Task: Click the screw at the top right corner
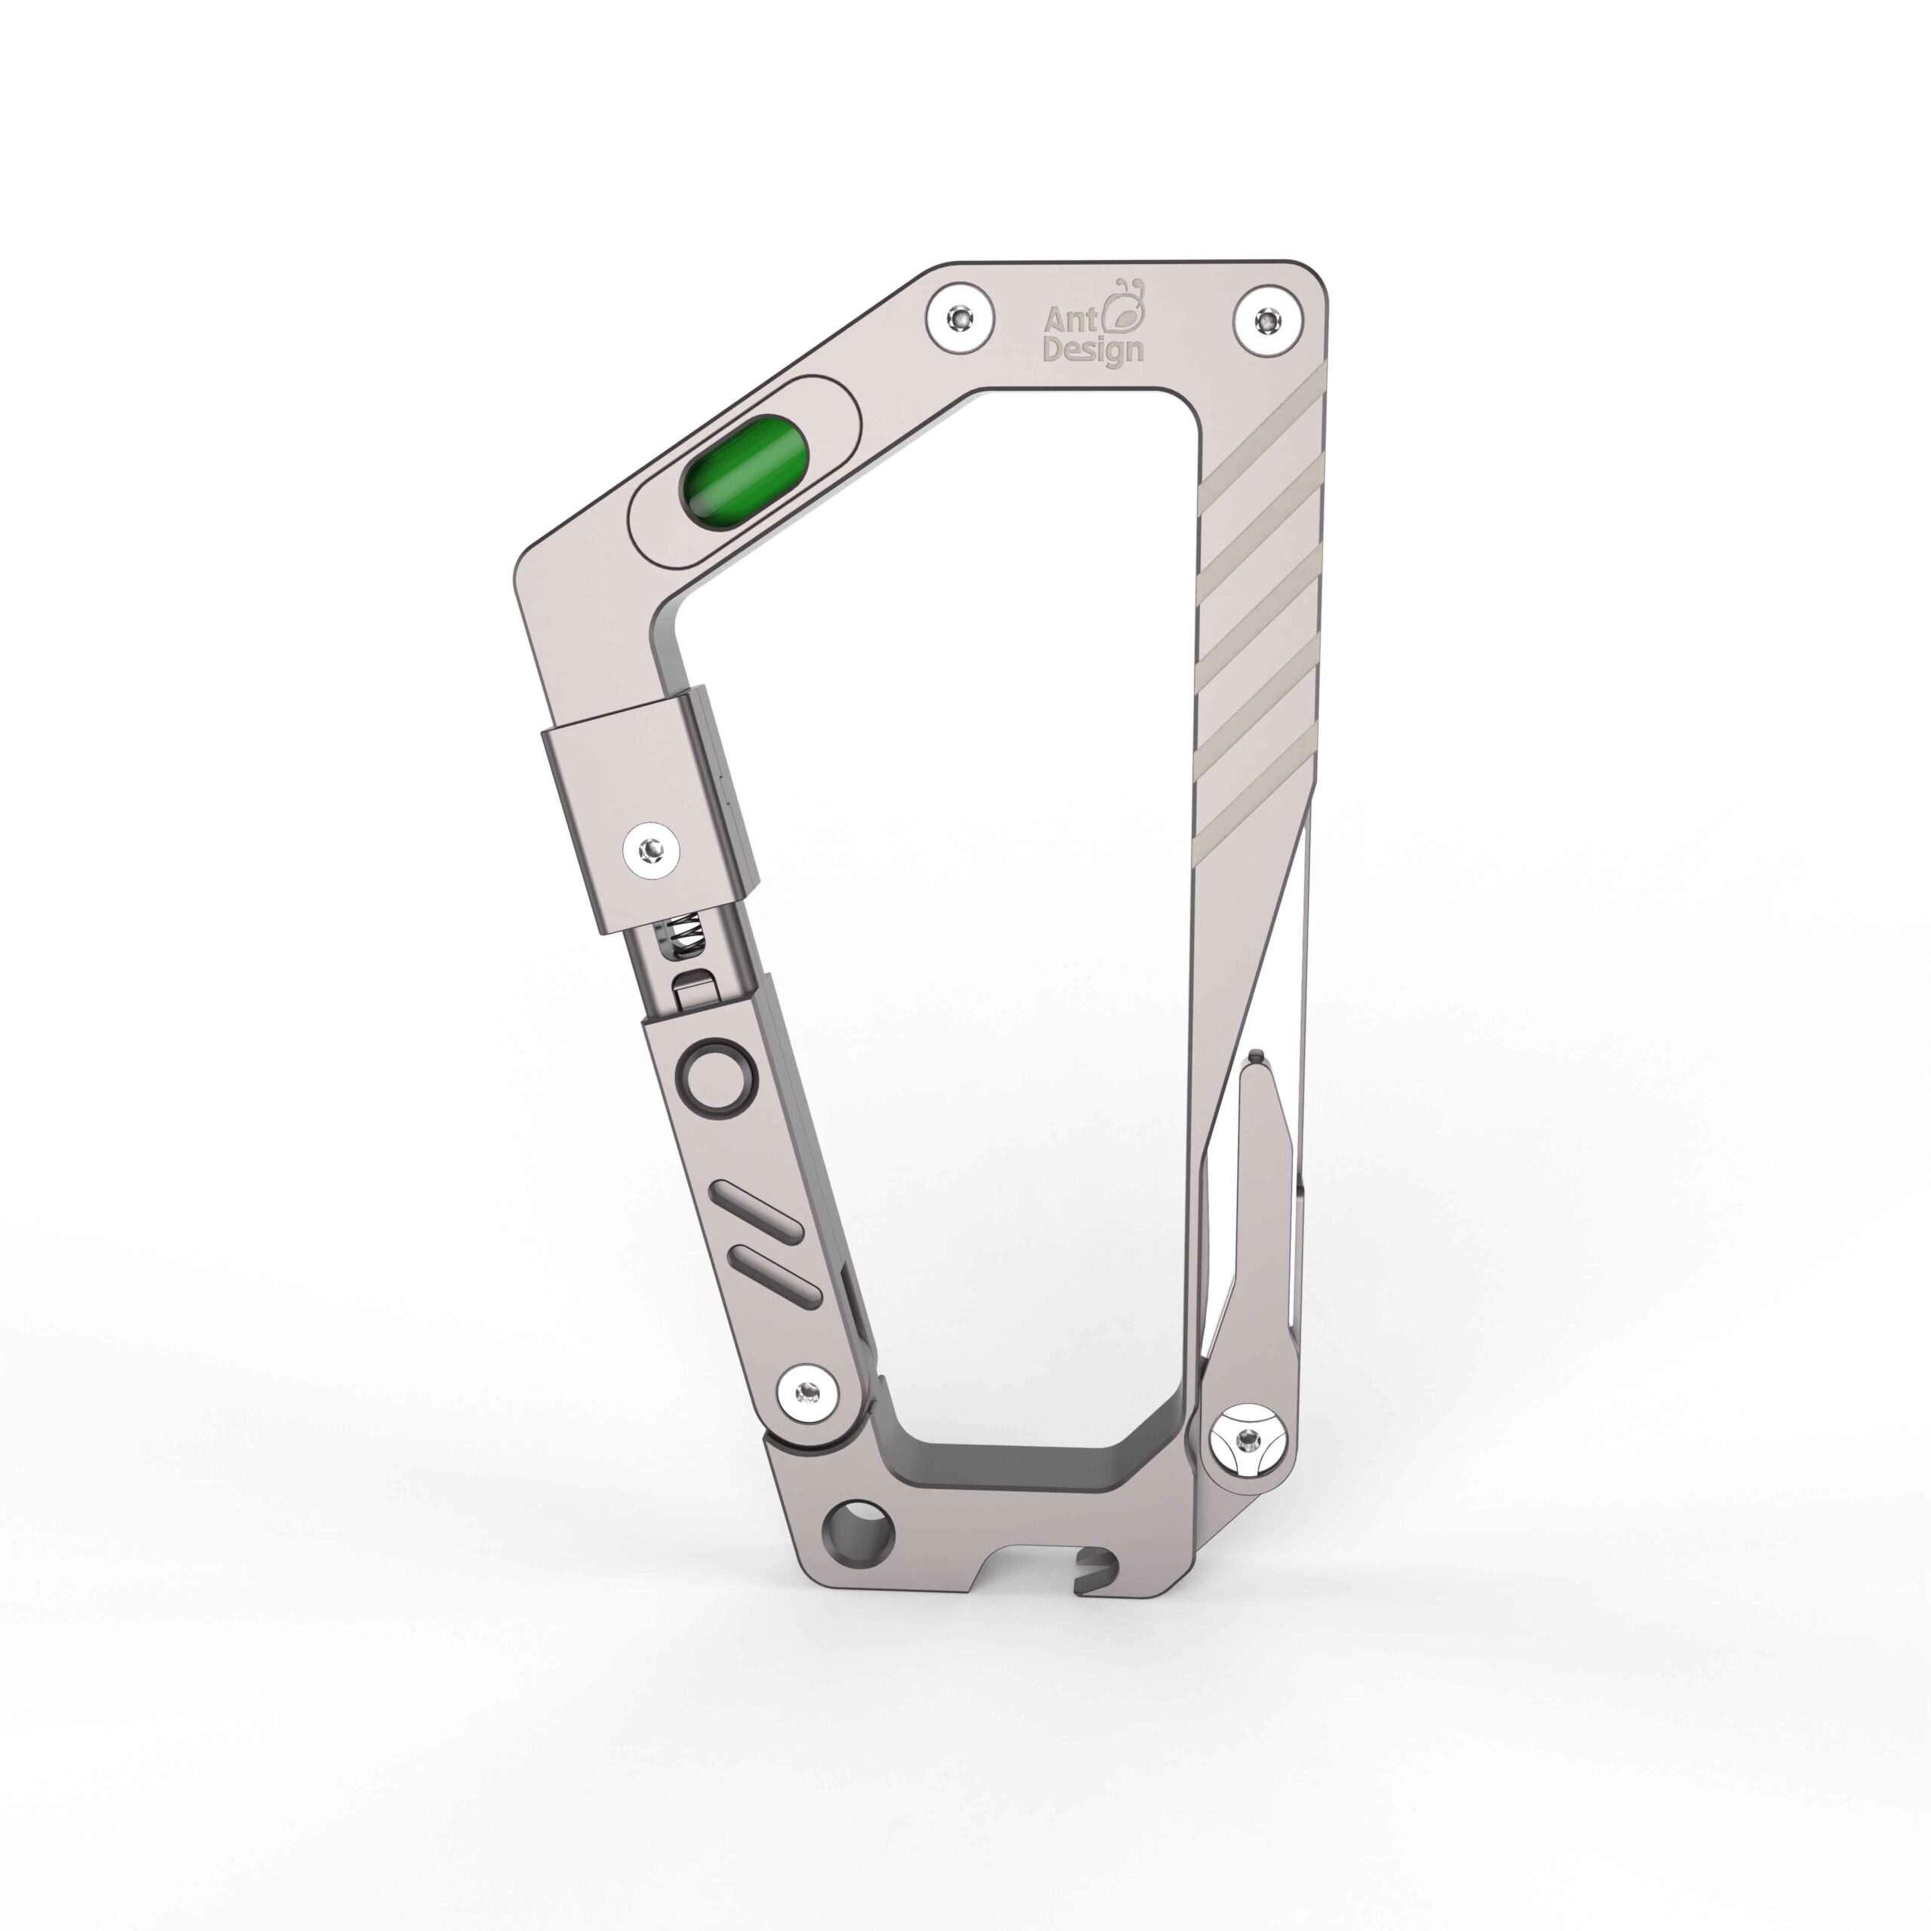point(1268,321)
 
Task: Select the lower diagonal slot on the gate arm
point(777,1277)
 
